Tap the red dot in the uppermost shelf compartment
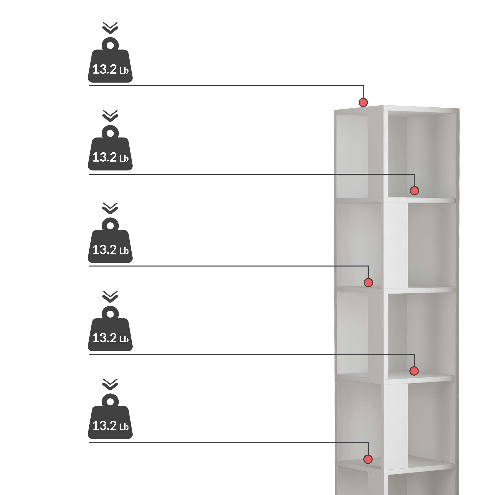(x=414, y=191)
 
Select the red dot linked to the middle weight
(x=368, y=283)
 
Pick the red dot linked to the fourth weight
(x=414, y=371)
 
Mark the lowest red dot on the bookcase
(x=368, y=459)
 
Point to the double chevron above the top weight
(x=110, y=28)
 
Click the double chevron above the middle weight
(x=110, y=208)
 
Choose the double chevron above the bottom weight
(x=110, y=384)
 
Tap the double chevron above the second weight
(x=110, y=116)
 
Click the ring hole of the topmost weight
(x=110, y=46)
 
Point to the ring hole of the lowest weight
(x=110, y=402)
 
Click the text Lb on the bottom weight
(x=124, y=427)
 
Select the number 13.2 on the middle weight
(x=105, y=249)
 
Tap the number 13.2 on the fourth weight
(x=105, y=338)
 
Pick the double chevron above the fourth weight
(x=110, y=297)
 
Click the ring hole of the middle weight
(x=110, y=226)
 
